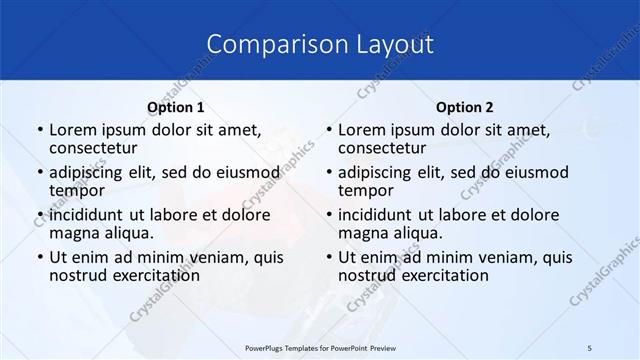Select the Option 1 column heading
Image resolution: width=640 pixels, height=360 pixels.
pyautogui.click(x=176, y=107)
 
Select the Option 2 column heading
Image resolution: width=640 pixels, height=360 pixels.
pyautogui.click(x=465, y=107)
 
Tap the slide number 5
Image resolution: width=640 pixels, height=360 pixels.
pyautogui.click(x=590, y=347)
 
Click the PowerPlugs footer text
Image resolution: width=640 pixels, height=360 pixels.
pyautogui.click(x=319, y=347)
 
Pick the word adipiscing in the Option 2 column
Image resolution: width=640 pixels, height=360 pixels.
pyautogui.click(x=378, y=172)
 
